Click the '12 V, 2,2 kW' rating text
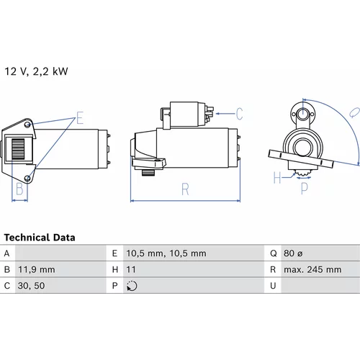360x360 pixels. coord(36,71)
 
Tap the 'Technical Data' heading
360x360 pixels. coord(40,238)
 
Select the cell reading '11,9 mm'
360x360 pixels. coord(37,269)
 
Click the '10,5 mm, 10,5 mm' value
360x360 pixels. coord(166,253)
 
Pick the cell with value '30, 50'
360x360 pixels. coord(31,286)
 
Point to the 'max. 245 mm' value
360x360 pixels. coord(312,269)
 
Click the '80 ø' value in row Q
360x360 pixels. coord(293,253)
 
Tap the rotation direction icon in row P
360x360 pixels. coord(132,286)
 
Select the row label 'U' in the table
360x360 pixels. coord(273,286)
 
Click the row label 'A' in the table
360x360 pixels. coord(6,253)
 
